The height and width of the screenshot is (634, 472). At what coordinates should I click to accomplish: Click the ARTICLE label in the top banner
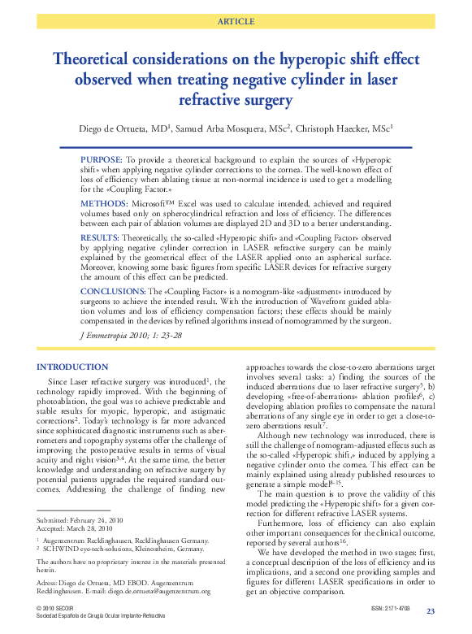pyautogui.click(x=236, y=21)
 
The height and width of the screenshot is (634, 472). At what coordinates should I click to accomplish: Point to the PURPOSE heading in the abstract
pyautogui.click(x=102, y=160)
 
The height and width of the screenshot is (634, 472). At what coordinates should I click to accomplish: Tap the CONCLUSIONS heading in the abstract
pyautogui.click(x=113, y=290)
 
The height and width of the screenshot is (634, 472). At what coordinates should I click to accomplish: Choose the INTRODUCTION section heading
pyautogui.click(x=72, y=367)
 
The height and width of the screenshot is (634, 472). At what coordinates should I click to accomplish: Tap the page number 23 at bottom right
pyautogui.click(x=431, y=611)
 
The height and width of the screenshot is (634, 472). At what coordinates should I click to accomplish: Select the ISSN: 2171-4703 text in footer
pyautogui.click(x=391, y=609)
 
